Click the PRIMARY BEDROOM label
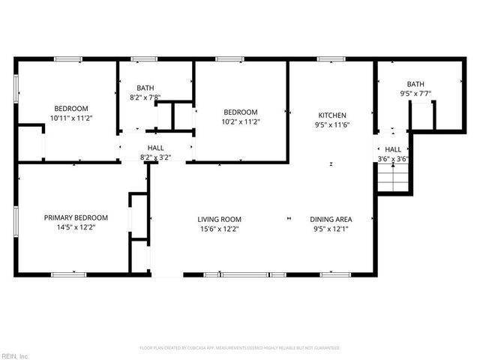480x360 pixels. tap(76, 217)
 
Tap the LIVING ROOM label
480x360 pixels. tap(219, 219)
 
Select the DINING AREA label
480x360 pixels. tap(331, 219)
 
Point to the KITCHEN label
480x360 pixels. tap(331, 115)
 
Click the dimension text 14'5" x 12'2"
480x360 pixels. tap(76, 227)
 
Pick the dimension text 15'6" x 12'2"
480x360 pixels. tap(219, 229)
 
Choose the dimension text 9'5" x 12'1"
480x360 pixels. tap(331, 229)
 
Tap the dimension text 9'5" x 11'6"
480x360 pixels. tap(331, 124)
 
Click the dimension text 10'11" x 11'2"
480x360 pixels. tap(70, 118)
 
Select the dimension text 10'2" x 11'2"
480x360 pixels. tap(241, 121)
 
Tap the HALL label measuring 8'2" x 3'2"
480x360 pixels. tap(156, 148)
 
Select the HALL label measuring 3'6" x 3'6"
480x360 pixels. tap(393, 149)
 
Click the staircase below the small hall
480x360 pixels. tap(393, 180)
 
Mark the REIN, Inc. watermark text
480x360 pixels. tap(14, 355)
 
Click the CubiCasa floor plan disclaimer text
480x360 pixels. tap(240, 348)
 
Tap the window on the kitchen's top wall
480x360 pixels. tap(331, 59)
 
